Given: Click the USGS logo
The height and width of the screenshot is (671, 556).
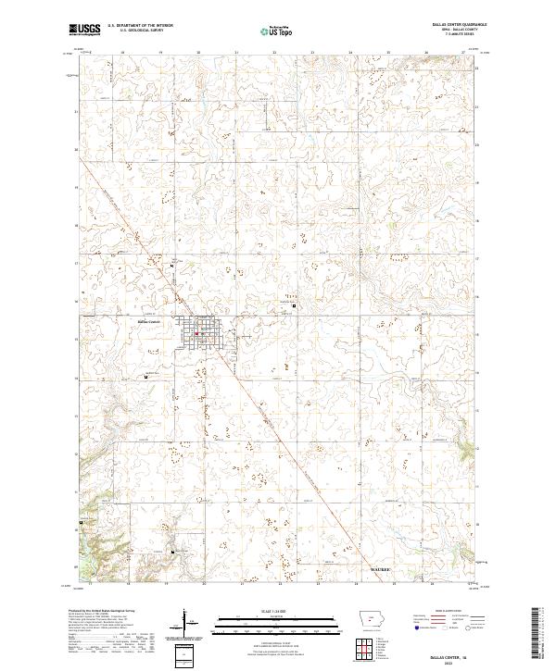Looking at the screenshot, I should point(85,30).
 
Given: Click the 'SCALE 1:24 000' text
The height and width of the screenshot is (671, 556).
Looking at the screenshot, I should point(265,611).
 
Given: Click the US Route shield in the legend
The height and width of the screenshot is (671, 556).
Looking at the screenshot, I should point(443,628).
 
